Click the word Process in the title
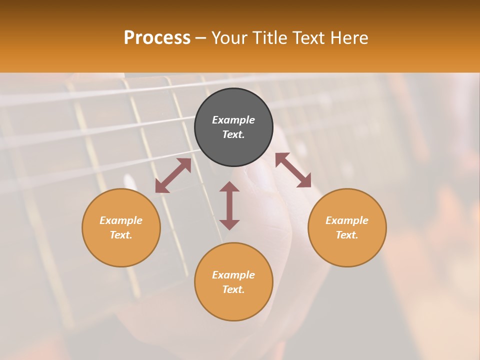coord(157,38)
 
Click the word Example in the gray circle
coord(233,120)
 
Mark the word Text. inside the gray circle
coord(233,134)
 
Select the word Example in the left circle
coord(121,220)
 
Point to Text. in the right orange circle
coord(347,235)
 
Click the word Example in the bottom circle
coord(233,275)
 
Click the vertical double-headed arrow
coord(229,205)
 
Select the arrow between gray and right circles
coord(293,170)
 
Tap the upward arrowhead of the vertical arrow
coord(229,186)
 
